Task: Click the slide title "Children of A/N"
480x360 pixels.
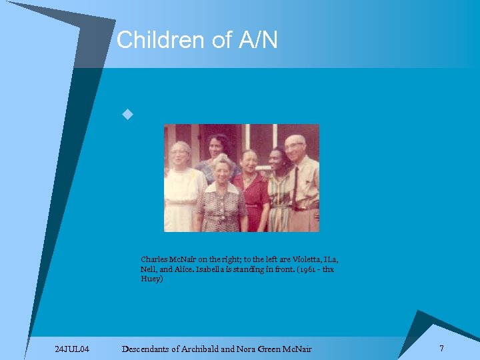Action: [197, 41]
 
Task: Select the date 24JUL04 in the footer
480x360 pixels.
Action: [74, 349]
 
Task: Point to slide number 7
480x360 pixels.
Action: [441, 348]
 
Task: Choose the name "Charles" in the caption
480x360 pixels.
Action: [153, 259]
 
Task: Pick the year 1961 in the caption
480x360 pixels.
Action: [309, 269]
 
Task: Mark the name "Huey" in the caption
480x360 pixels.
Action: [150, 279]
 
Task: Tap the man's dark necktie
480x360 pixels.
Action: [295, 181]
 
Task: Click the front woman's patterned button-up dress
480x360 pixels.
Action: [221, 207]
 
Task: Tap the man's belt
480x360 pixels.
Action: [304, 209]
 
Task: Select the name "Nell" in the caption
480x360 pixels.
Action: [149, 269]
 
